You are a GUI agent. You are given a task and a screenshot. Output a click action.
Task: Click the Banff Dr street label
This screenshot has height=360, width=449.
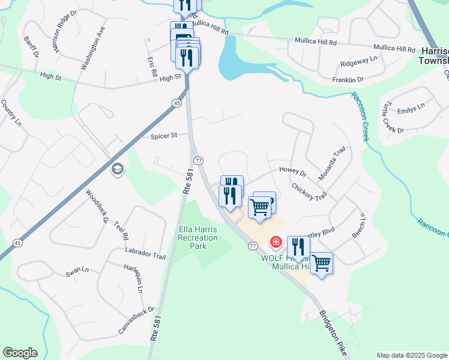(31, 47)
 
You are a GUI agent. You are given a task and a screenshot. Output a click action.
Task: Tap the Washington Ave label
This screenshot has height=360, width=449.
(92, 48)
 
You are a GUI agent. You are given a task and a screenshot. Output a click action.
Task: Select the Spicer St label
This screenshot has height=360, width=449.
(164, 136)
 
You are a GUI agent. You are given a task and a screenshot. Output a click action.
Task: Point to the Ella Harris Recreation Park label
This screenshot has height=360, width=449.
(198, 238)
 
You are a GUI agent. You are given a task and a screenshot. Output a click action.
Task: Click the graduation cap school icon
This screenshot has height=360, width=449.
(116, 170)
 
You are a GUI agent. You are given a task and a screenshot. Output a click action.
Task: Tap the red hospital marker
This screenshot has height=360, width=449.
(276, 242)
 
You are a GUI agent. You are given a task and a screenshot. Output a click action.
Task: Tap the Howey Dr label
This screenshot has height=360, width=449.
(293, 172)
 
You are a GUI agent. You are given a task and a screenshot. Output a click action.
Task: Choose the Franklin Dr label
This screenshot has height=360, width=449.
(348, 79)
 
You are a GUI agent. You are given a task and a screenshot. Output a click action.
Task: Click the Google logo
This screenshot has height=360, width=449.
(20, 353)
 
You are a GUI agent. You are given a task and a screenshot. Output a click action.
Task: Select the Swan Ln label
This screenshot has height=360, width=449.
(77, 273)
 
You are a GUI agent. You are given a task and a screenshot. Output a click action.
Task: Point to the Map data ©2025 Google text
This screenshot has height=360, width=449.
(411, 355)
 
